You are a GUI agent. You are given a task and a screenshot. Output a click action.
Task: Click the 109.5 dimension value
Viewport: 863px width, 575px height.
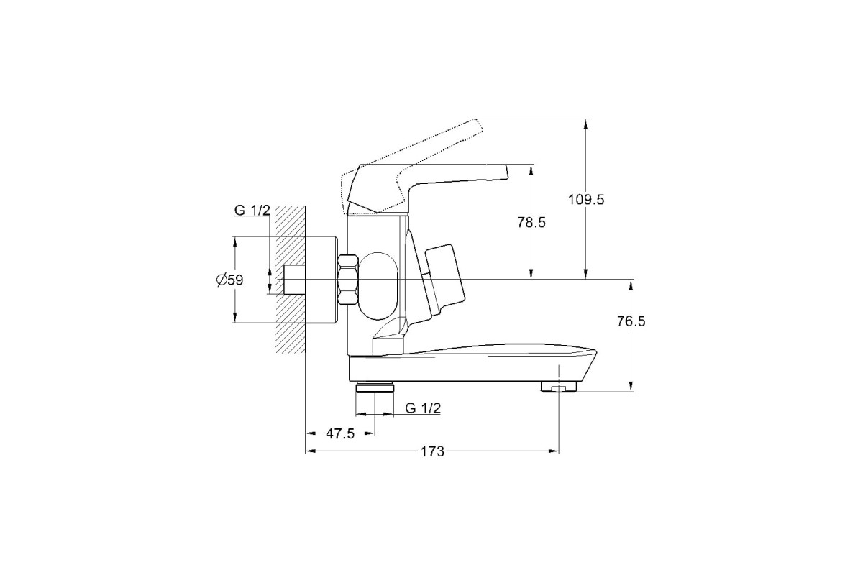click(586, 200)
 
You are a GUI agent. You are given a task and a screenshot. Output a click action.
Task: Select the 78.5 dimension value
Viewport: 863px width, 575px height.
click(531, 222)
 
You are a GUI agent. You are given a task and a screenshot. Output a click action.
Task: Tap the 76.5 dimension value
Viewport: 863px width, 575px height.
click(631, 321)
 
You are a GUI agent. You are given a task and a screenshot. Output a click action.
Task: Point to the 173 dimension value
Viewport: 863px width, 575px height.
click(432, 451)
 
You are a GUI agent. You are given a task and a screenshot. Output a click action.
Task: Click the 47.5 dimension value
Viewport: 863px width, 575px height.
click(340, 433)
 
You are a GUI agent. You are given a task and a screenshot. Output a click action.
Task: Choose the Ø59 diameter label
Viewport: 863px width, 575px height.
click(230, 280)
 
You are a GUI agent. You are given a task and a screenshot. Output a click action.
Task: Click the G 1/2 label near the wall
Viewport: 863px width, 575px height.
click(252, 211)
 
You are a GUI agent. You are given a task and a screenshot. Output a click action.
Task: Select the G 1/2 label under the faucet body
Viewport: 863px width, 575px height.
click(423, 408)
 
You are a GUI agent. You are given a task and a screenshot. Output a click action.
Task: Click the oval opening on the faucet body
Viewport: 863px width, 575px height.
click(379, 286)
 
